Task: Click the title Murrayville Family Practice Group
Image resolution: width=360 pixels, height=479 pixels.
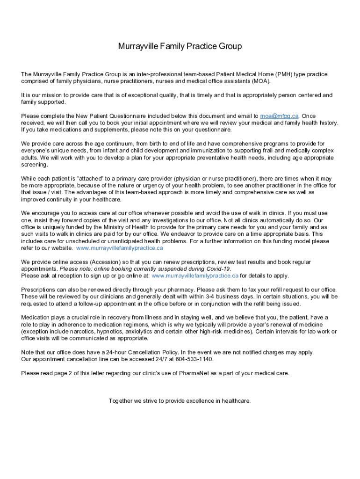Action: (180, 46)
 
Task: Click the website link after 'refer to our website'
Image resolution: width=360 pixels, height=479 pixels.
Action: (119, 248)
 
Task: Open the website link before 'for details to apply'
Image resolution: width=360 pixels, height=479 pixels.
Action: (195, 276)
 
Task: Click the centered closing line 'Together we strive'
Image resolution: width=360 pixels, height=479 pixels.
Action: (180, 401)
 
